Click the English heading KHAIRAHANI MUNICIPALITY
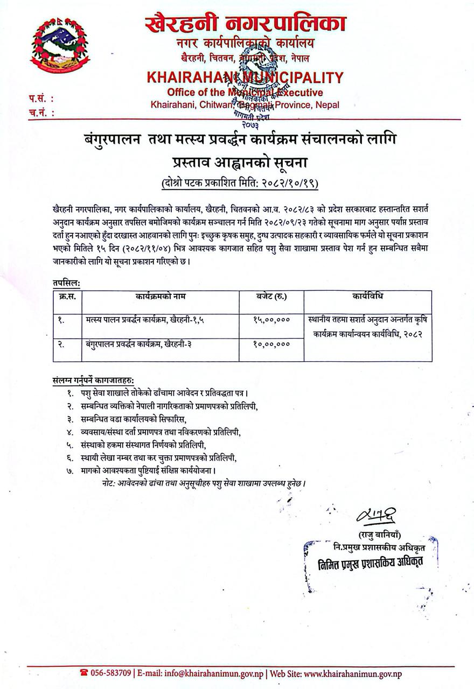tap(244, 78)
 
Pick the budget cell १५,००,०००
tap(271, 319)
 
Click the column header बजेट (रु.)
tap(271, 297)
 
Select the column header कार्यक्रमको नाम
tap(160, 297)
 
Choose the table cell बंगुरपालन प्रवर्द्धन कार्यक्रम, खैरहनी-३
tap(139, 343)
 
